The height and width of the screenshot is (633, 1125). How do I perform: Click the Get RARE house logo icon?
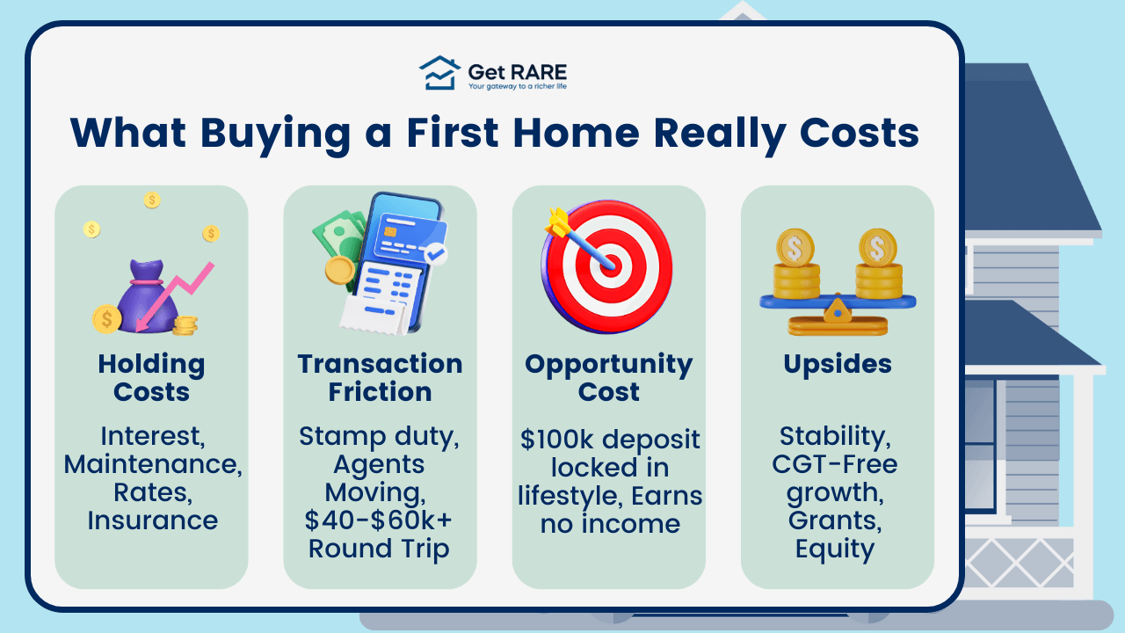click(x=439, y=74)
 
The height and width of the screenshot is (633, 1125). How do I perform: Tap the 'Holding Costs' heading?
click(x=151, y=378)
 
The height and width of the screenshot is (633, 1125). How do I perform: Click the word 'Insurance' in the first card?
click(x=152, y=520)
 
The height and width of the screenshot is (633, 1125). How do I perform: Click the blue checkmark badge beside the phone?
click(x=435, y=255)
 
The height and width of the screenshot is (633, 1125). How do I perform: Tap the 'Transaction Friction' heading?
click(x=380, y=378)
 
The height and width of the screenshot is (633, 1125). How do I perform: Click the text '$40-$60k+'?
click(x=379, y=520)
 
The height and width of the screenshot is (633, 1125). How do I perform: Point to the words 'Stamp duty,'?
click(x=379, y=436)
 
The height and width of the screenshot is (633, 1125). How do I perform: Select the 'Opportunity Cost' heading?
click(x=608, y=378)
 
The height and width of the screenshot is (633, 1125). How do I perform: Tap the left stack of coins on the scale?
click(x=796, y=267)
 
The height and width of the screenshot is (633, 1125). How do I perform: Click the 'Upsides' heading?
click(x=838, y=365)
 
